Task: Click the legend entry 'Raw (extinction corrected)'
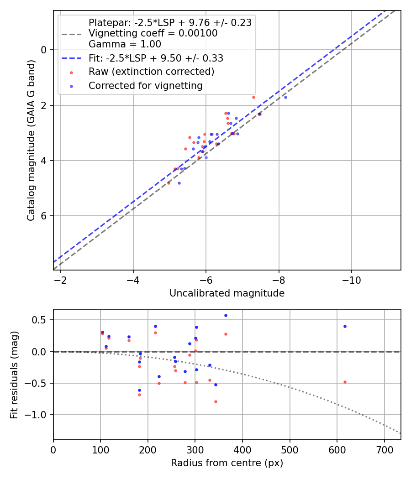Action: click(x=151, y=72)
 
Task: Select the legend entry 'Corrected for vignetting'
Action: click(x=145, y=86)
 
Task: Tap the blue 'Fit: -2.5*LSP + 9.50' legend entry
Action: click(x=156, y=58)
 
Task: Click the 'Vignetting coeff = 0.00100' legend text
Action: click(x=153, y=33)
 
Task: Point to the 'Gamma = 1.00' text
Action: click(x=125, y=44)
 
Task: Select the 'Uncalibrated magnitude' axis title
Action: click(x=227, y=293)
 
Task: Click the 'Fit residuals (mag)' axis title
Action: click(x=14, y=375)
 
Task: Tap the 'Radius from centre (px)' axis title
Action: click(x=227, y=463)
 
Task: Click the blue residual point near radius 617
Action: click(x=345, y=326)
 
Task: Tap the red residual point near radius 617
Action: click(x=345, y=382)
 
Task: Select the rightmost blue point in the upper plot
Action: click(x=285, y=97)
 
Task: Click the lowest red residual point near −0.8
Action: click(x=216, y=401)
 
